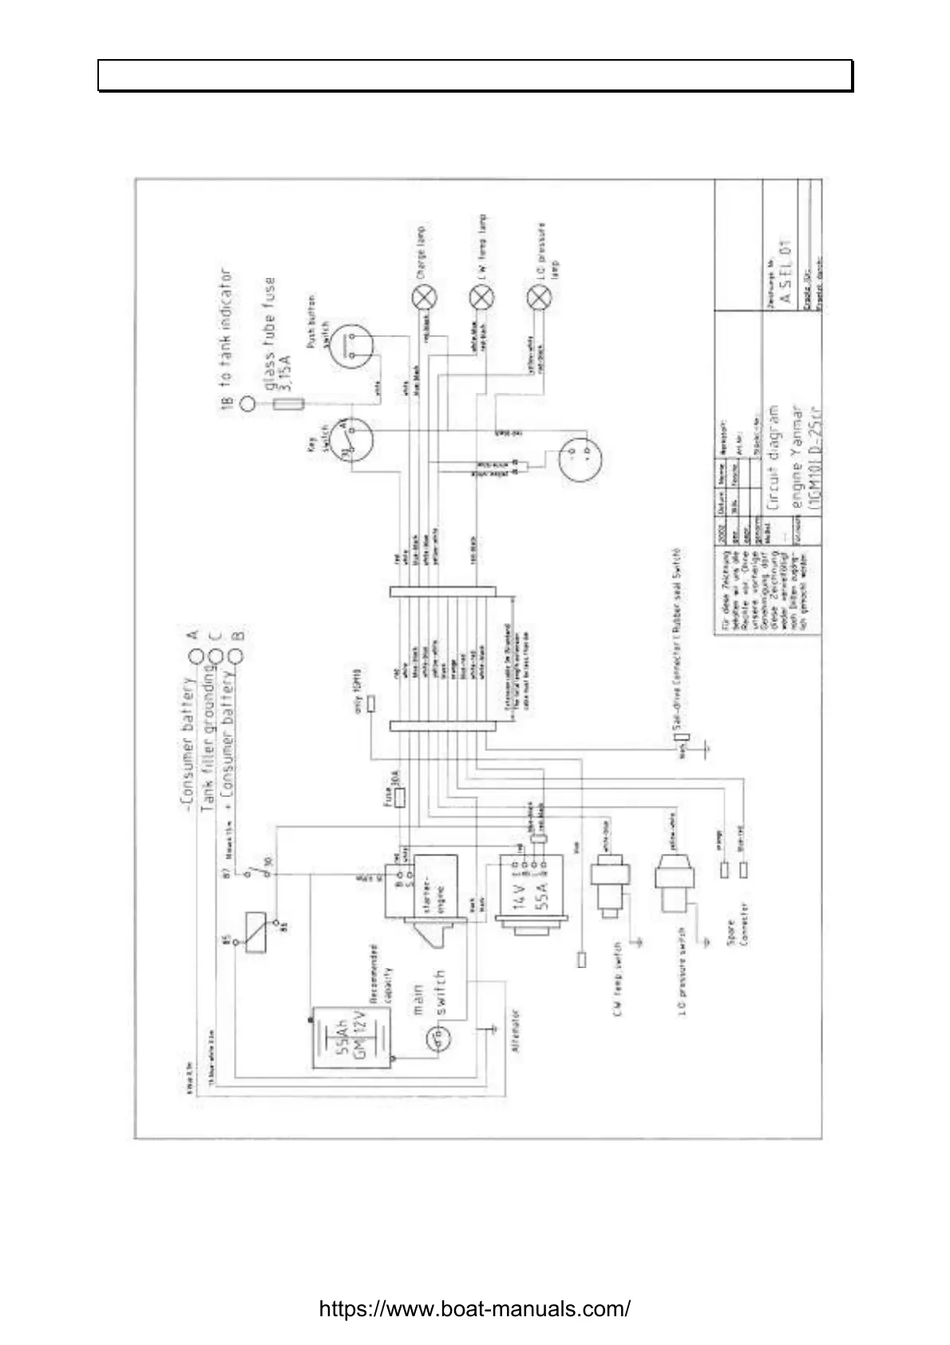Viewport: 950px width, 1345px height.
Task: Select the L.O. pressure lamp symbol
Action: coord(540,298)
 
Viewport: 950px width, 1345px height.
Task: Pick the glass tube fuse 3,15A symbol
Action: coord(287,404)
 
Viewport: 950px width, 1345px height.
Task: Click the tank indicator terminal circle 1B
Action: coord(249,404)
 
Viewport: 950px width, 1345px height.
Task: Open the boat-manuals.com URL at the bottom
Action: coord(475,1309)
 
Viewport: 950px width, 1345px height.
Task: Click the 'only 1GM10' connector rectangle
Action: coord(370,702)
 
